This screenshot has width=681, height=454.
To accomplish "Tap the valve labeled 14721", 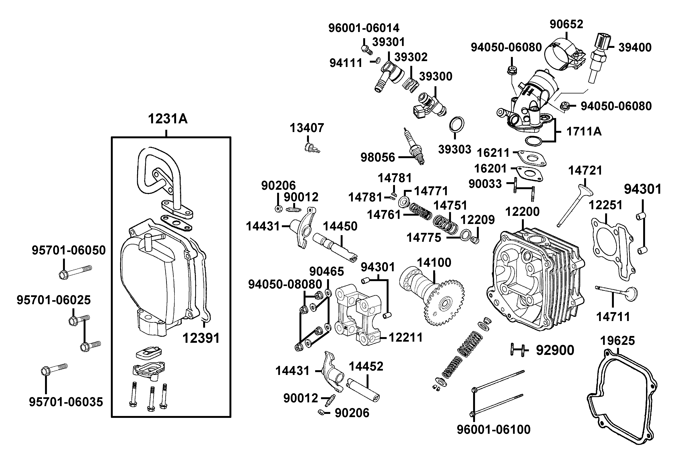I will click(573, 206).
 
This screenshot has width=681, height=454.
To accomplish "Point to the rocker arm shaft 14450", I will click(334, 248).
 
